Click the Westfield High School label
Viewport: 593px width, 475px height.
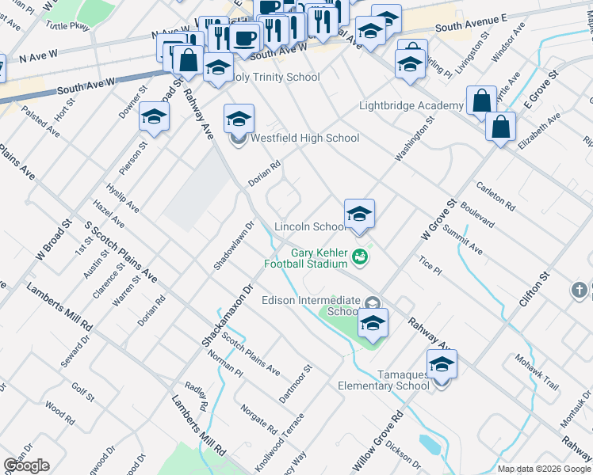pyautogui.click(x=304, y=139)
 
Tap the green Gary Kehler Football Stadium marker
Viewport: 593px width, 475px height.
pyautogui.click(x=360, y=256)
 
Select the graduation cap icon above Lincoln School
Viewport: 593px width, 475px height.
pyautogui.click(x=359, y=214)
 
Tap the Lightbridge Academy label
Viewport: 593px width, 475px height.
pyautogui.click(x=411, y=105)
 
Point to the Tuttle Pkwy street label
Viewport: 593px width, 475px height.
pyautogui.click(x=69, y=25)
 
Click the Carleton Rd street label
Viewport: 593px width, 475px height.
pyautogui.click(x=495, y=197)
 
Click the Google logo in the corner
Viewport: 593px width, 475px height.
pyautogui.click(x=26, y=465)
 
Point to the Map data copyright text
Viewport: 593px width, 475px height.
pyautogui.click(x=543, y=469)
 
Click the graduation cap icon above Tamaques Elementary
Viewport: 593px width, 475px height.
pyautogui.click(x=442, y=365)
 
